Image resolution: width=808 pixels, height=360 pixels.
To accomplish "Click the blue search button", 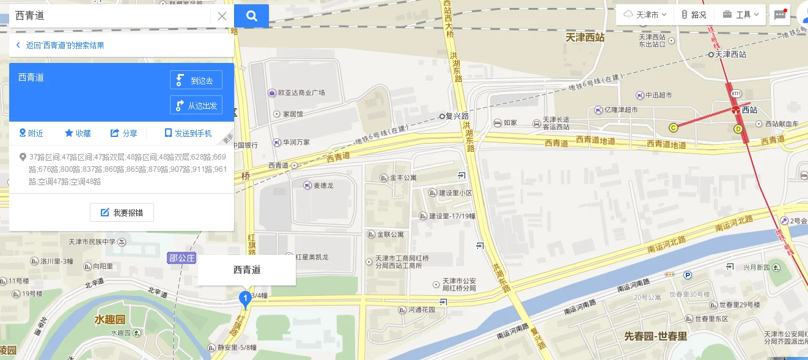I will click(x=251, y=16).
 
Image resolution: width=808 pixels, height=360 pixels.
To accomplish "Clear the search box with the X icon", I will click(x=222, y=17).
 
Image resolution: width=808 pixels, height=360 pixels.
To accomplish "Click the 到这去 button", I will click(x=196, y=80).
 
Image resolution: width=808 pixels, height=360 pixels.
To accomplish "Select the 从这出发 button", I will click(x=196, y=105).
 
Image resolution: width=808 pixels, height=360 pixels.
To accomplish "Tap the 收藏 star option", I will click(x=78, y=133).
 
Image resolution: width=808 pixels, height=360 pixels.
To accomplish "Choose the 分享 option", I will click(x=123, y=133).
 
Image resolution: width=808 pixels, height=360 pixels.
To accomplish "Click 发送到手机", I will click(x=188, y=133).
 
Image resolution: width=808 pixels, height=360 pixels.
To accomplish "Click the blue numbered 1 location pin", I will click(x=245, y=299).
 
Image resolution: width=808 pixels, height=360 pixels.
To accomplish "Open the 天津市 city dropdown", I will click(x=645, y=15).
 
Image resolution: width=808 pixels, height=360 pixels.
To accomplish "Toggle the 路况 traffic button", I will click(x=694, y=15).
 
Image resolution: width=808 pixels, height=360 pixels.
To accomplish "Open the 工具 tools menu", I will click(x=740, y=15).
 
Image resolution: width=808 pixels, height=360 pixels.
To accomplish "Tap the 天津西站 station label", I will click(x=585, y=37).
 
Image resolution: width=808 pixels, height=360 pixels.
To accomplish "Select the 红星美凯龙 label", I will click(x=312, y=257).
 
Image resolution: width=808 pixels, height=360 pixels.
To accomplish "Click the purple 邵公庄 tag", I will click(x=182, y=258).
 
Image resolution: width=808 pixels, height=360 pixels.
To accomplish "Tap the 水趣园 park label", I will click(x=109, y=319).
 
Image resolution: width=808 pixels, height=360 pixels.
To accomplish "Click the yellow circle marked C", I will click(x=674, y=128).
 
